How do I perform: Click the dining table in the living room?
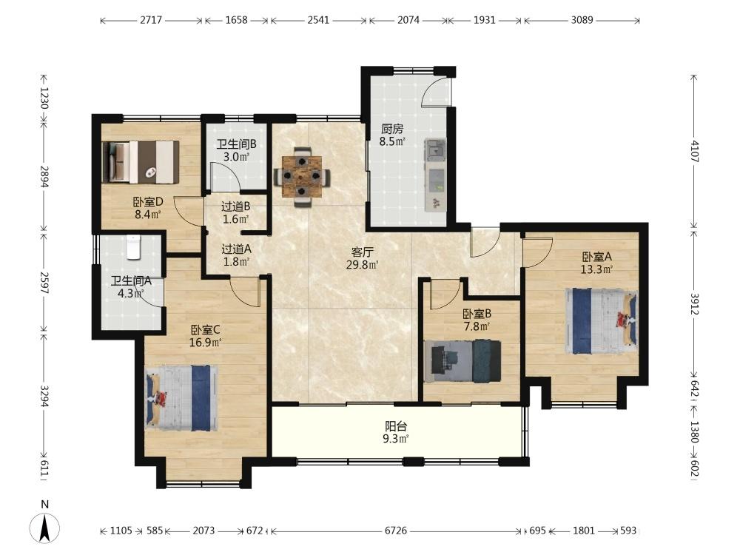[302, 177]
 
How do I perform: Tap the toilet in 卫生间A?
[134, 247]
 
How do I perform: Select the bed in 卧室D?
[141, 162]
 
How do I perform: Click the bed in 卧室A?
[601, 321]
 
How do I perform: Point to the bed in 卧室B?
[462, 360]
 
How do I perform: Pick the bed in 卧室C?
[182, 398]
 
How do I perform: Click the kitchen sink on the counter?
[435, 149]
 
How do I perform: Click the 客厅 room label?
[363, 252]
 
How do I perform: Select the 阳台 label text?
[395, 427]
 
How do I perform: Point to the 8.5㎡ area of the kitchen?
[392, 141]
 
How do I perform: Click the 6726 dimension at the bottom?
[395, 531]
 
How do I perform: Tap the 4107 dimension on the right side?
[694, 151]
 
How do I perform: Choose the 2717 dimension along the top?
[151, 20]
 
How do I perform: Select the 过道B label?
[235, 206]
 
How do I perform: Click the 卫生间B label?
[236, 144]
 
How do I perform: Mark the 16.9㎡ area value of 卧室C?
[205, 343]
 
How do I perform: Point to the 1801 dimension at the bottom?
[584, 531]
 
